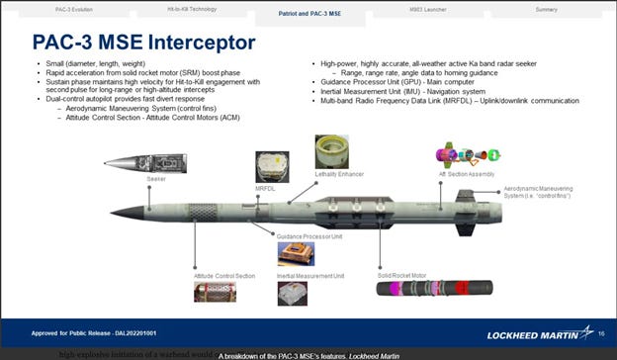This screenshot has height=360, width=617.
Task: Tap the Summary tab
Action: tap(545, 8)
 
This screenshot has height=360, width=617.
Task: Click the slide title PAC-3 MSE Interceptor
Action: tap(143, 44)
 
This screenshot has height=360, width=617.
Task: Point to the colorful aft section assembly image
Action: tap(461, 154)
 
